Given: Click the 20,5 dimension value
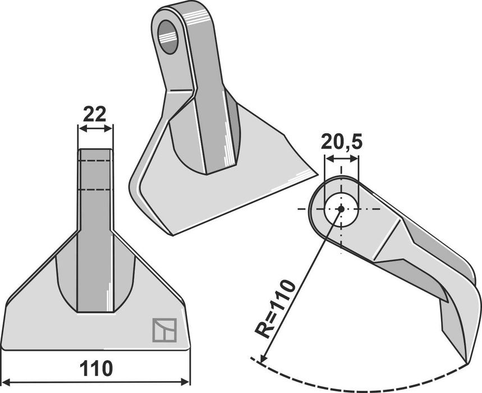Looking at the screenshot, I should (x=341, y=142).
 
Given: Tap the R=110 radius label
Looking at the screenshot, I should (x=275, y=309).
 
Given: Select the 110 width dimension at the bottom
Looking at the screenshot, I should (x=96, y=369).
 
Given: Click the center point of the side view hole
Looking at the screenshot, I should (x=341, y=209).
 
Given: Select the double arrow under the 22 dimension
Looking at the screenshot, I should (x=95, y=129).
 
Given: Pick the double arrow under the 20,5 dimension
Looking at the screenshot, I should (x=341, y=159).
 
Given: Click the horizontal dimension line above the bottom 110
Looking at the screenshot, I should (x=96, y=383).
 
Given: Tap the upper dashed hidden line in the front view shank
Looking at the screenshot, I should (x=95, y=161).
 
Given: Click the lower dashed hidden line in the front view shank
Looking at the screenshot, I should (x=95, y=190).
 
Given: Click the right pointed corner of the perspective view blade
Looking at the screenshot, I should (x=317, y=175).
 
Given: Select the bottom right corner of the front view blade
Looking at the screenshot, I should (x=190, y=349).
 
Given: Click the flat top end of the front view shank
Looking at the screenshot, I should (x=95, y=149).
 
